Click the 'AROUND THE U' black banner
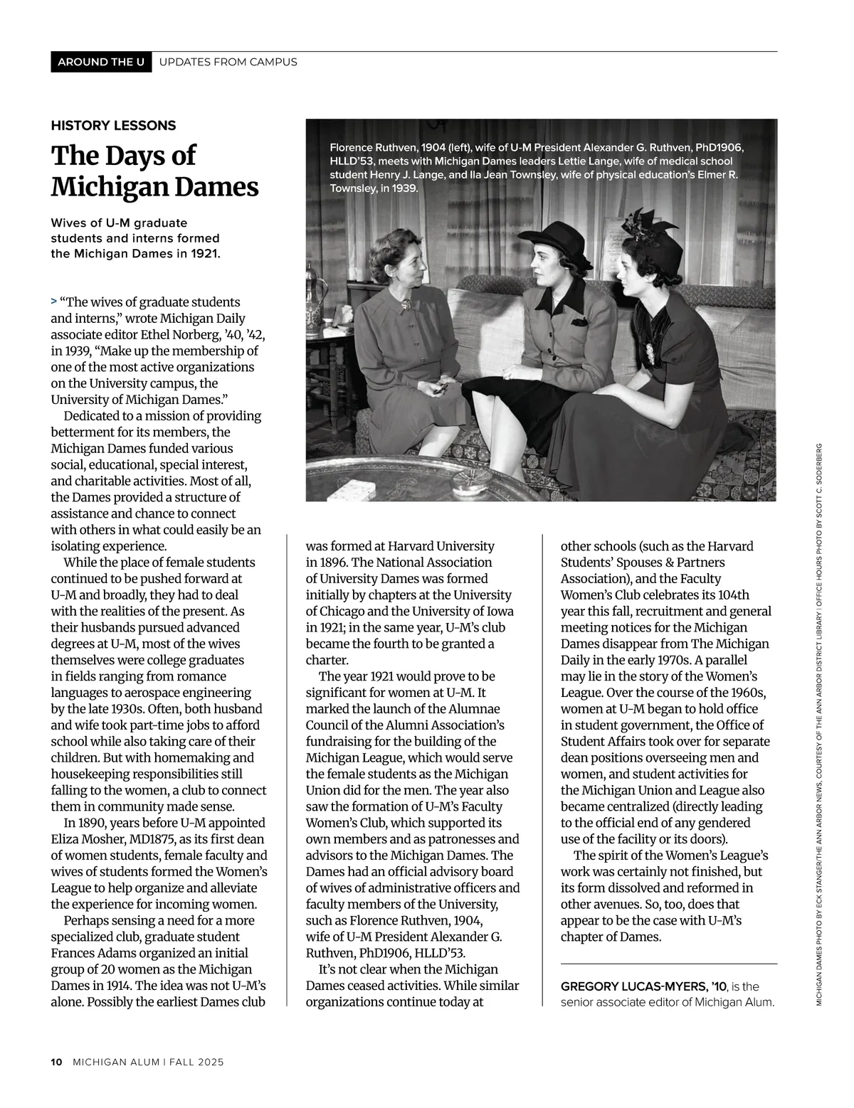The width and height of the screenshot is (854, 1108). pyautogui.click(x=101, y=62)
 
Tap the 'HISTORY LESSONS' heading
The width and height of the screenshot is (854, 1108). pyautogui.click(x=113, y=126)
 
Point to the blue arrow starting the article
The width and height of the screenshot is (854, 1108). pyautogui.click(x=54, y=302)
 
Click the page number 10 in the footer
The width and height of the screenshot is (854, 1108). pyautogui.click(x=57, y=1062)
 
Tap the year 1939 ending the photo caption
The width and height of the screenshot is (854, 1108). pyautogui.click(x=403, y=189)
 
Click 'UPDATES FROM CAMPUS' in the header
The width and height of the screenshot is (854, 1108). pyautogui.click(x=228, y=62)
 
